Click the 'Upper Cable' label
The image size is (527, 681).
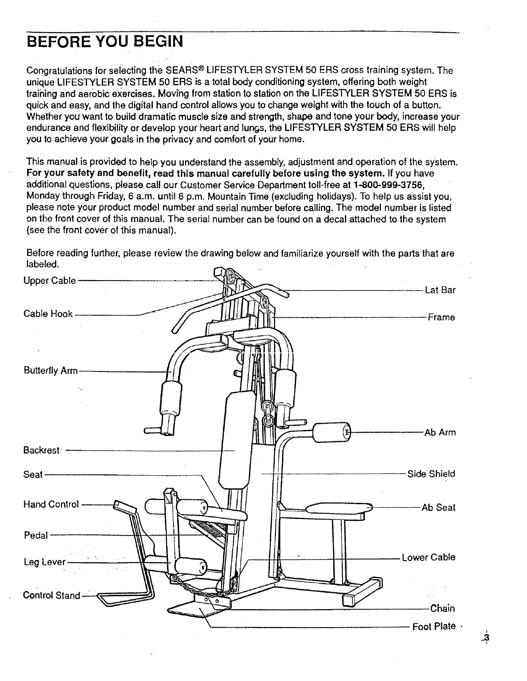point(50,281)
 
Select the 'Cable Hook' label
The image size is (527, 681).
point(48,314)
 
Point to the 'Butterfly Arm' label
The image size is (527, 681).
point(50,371)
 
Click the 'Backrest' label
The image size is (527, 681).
point(42,450)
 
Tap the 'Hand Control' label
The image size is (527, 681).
point(51,504)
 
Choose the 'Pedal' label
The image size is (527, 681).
point(36,536)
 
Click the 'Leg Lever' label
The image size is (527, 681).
point(44,562)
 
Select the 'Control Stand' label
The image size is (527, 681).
point(51,595)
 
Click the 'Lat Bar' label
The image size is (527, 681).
point(440,290)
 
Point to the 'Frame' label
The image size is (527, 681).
point(441,318)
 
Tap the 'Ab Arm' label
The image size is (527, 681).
point(440,433)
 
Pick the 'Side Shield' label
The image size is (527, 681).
point(431,474)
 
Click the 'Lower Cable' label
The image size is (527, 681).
point(428,557)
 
